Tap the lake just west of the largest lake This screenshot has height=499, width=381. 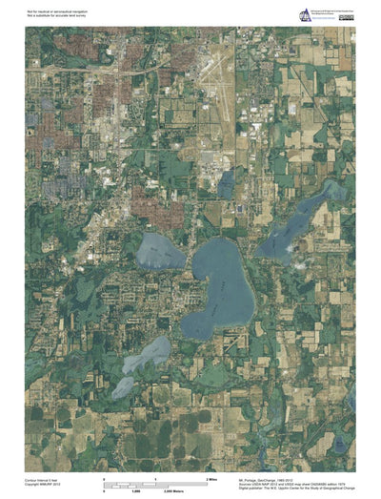[x=160, y=252]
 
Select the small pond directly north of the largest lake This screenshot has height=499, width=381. [x=226, y=182]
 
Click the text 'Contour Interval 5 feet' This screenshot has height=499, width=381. [x=44, y=481]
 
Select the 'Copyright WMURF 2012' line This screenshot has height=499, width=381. [x=43, y=486]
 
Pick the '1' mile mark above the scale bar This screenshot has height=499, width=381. [x=155, y=475]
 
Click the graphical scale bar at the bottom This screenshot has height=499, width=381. [x=155, y=484]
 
